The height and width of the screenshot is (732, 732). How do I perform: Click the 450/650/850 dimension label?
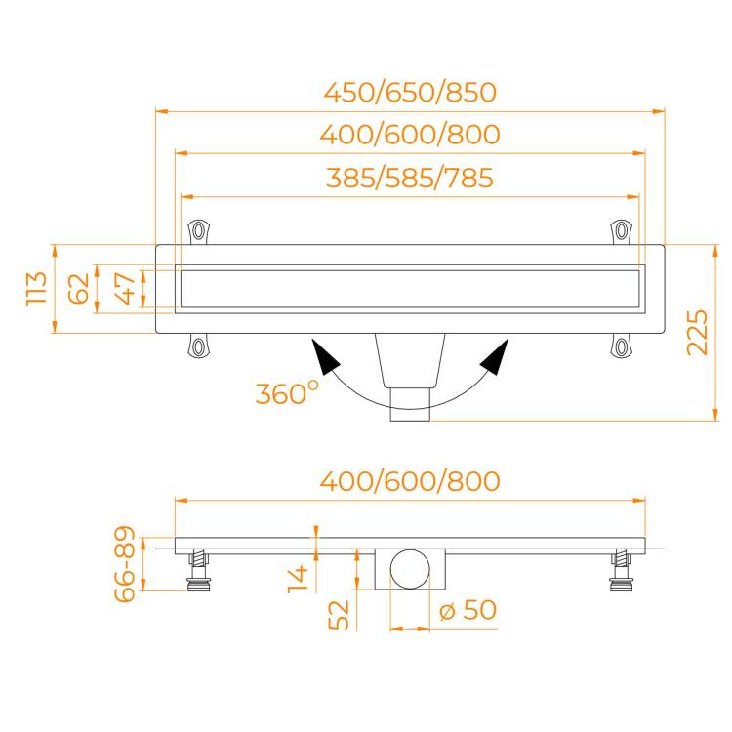(x=410, y=92)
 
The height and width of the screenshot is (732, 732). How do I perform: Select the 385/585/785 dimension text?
(x=409, y=178)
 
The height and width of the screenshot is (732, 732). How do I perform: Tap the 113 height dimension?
(x=36, y=289)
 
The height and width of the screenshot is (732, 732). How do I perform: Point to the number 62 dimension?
(x=78, y=289)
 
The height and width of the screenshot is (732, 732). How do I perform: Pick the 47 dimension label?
(x=125, y=289)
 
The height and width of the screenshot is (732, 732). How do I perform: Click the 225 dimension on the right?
(x=698, y=333)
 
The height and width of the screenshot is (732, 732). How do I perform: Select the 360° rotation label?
(x=287, y=393)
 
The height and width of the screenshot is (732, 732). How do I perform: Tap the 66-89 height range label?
(x=125, y=564)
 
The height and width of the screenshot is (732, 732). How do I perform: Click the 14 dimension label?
(x=298, y=579)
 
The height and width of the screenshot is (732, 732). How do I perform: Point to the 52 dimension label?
(x=339, y=615)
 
